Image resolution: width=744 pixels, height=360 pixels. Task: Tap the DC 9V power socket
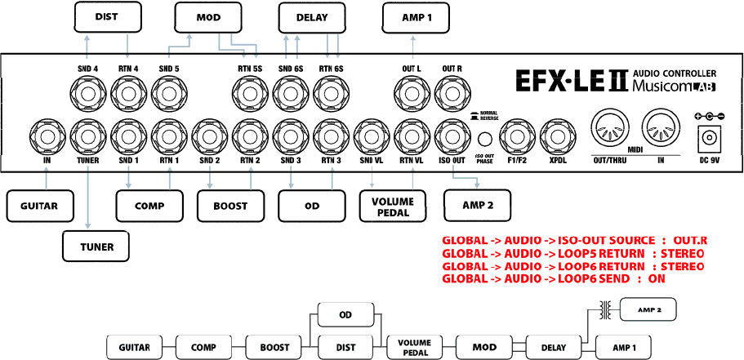[x=707, y=140]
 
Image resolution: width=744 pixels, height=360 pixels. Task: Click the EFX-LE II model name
[x=570, y=80]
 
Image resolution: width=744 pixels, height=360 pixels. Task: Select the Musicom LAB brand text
[x=674, y=87]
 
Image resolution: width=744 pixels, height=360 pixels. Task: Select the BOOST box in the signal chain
[x=274, y=347]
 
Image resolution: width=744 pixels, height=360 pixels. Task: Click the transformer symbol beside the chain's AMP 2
[x=605, y=309]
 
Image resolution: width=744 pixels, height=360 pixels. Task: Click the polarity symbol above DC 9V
[x=707, y=117]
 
